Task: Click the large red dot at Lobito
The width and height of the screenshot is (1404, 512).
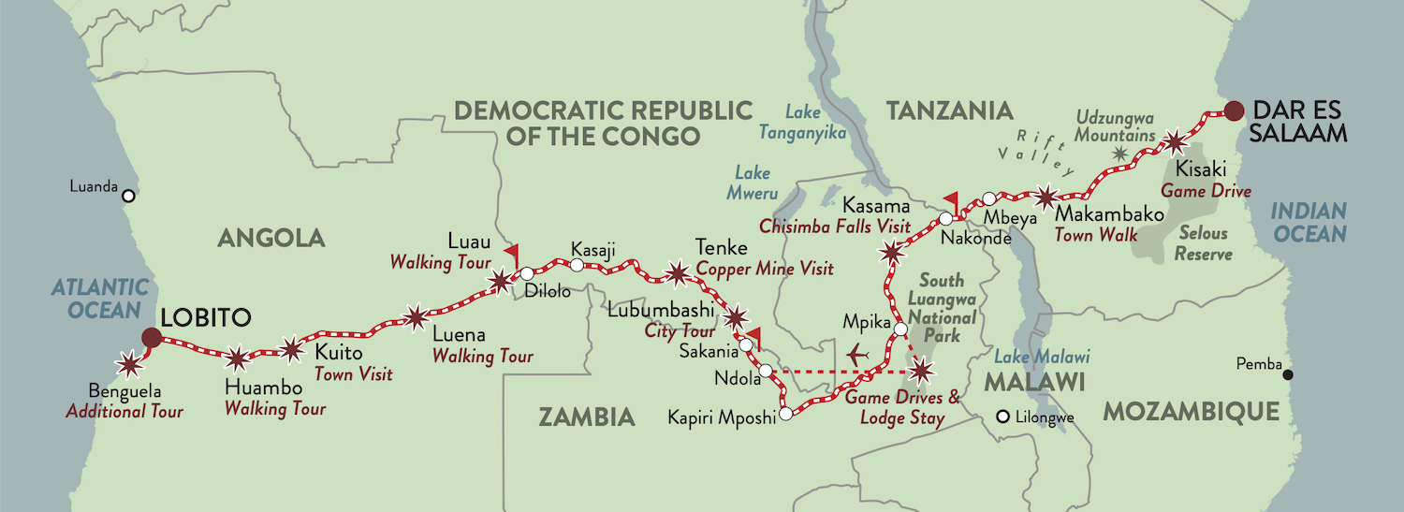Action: point(151,338)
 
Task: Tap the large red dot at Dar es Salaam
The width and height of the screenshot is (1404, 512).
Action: point(1235,110)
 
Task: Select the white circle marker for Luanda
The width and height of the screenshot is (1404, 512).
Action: point(129,196)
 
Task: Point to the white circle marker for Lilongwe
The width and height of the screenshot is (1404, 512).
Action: point(1003,417)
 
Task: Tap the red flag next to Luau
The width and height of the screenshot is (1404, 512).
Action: point(511,254)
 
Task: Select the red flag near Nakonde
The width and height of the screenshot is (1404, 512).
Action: point(951,199)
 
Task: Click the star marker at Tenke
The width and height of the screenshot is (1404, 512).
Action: point(676,274)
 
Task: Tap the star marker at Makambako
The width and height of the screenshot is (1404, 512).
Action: point(1046,197)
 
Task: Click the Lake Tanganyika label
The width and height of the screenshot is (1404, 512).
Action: point(816,124)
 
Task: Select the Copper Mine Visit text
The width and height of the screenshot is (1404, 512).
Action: point(765,270)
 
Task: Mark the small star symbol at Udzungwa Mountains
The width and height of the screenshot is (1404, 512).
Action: point(1119,151)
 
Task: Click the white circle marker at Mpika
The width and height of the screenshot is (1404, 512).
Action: point(900,329)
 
